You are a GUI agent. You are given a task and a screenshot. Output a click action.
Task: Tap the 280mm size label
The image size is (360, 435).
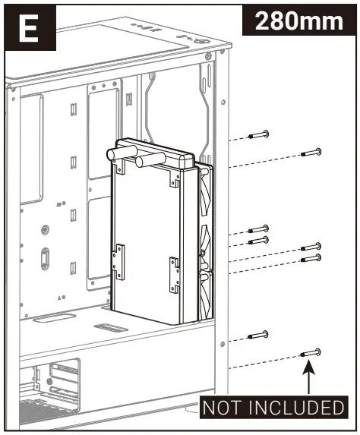coord(298,20)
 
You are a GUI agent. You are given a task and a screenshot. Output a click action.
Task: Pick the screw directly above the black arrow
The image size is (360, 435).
coord(310,352)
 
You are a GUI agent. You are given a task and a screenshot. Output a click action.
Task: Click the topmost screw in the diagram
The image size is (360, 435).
coord(259,134)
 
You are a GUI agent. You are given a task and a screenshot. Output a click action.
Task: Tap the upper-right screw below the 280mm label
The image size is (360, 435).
coord(311,152)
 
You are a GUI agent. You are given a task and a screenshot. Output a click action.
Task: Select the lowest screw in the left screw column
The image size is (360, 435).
coord(259,335)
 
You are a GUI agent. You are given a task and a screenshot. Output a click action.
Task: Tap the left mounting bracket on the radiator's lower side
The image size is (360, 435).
coord(118,263)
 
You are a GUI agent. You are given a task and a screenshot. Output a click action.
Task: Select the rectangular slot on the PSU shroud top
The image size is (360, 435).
coord(110,328)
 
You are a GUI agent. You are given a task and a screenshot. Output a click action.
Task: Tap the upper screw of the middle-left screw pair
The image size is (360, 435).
coord(259,228)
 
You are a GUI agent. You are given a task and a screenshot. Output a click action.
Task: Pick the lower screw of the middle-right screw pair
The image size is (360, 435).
coord(311,258)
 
